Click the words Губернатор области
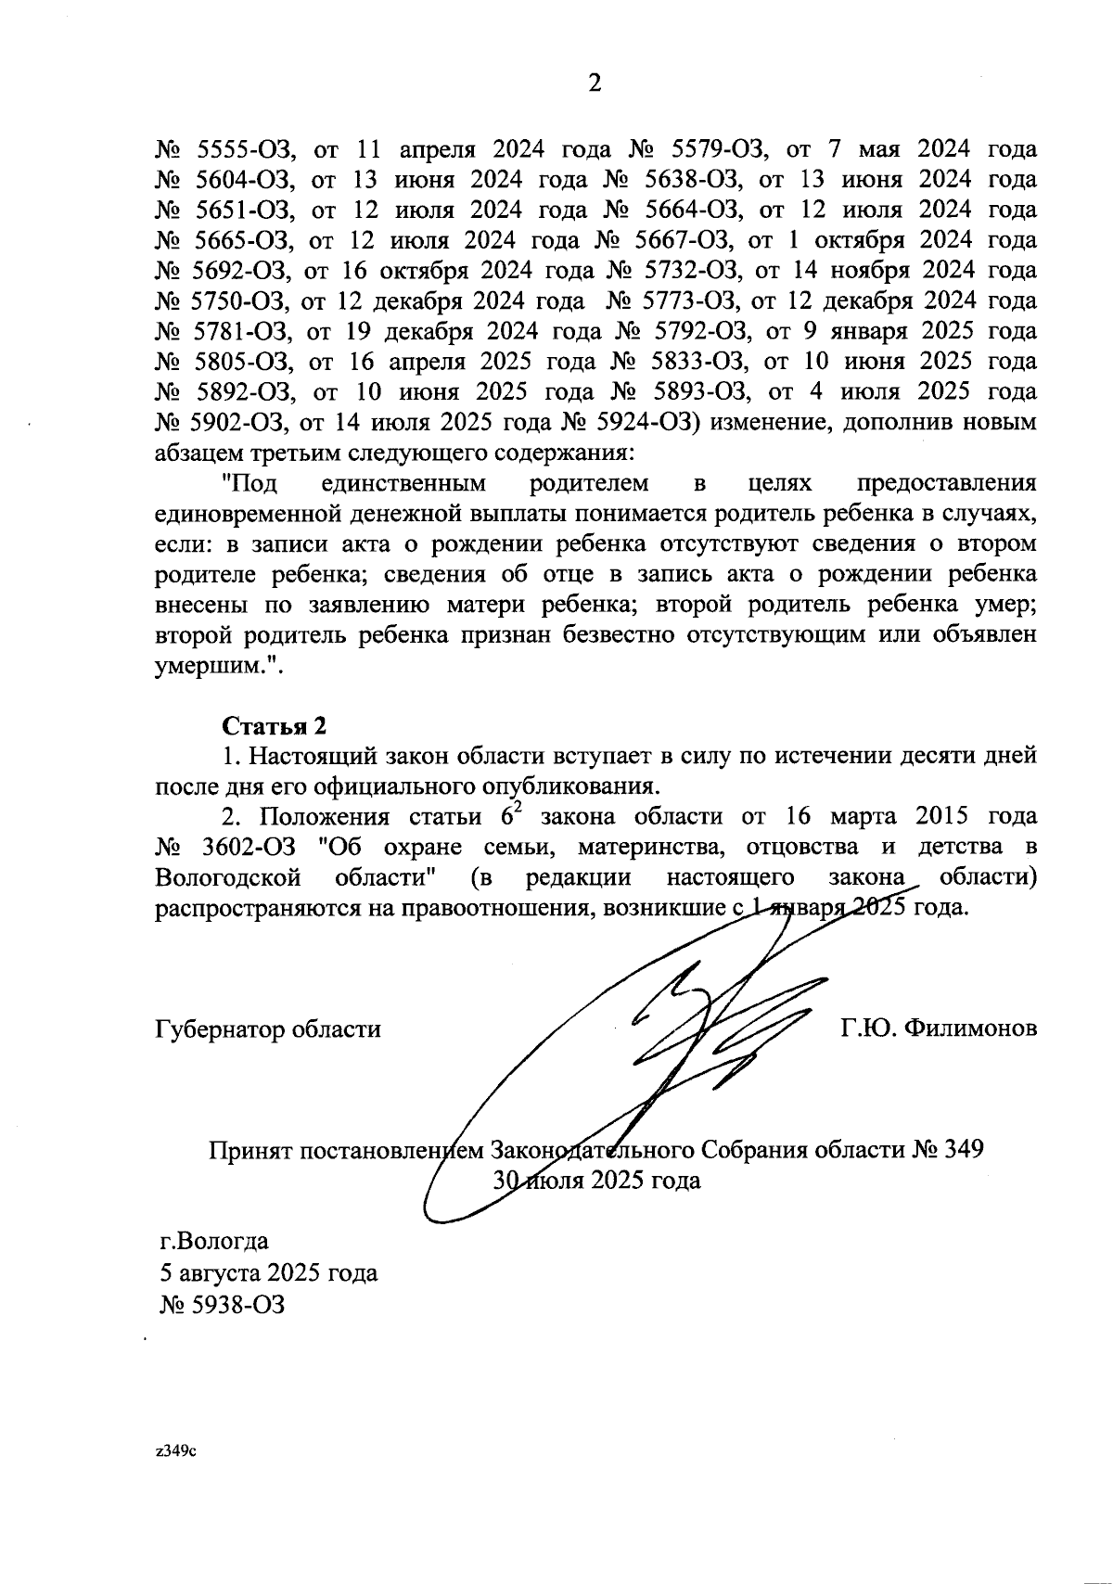pyautogui.click(x=267, y=1029)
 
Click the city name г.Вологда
pyautogui.click(x=213, y=1241)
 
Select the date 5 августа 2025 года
pyautogui.click(x=268, y=1272)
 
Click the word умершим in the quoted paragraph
pyautogui.click(x=209, y=666)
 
